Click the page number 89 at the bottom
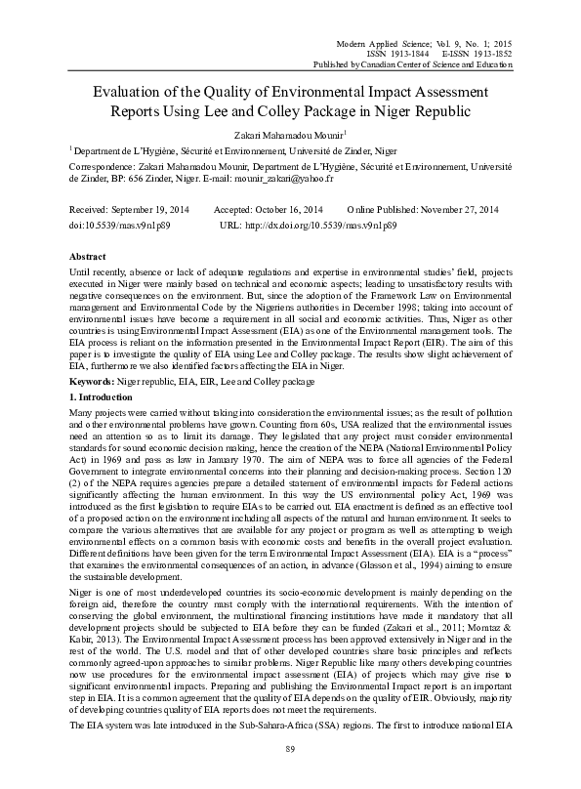coord(290,775)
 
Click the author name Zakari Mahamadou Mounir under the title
coord(289,136)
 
